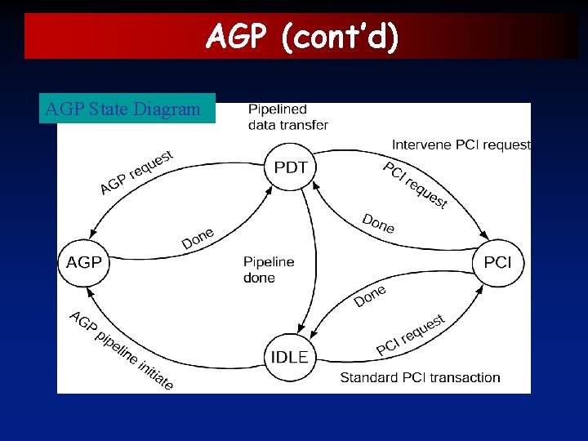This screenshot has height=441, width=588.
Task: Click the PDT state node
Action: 291,167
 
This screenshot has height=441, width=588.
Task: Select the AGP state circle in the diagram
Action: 84,262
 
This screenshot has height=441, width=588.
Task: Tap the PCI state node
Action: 497,262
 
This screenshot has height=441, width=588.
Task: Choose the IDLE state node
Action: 290,357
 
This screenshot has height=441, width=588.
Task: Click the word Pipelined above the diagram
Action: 278,109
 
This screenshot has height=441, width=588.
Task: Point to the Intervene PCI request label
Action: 461,145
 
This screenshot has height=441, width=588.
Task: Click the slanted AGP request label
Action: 136,172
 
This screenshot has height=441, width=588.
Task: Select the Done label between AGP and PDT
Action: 198,238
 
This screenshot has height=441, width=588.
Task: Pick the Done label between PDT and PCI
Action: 378,222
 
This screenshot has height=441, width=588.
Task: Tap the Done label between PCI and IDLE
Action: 370,296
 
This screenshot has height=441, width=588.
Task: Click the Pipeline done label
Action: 269,269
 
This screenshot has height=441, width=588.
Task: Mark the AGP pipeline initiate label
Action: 121,350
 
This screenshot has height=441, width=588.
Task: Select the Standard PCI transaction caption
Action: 420,377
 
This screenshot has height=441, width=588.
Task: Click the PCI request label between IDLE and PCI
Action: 411,335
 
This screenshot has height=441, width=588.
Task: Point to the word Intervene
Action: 419,145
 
